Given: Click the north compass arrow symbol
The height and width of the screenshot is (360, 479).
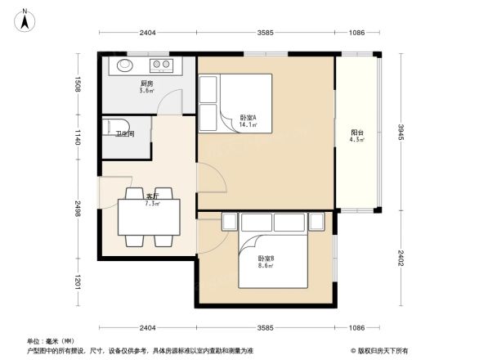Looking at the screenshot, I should tap(25, 18).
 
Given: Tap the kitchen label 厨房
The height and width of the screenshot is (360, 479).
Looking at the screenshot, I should tap(147, 83).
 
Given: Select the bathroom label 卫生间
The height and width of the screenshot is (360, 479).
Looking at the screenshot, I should tap(124, 133).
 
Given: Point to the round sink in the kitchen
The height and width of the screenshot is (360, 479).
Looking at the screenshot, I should tap(126, 64).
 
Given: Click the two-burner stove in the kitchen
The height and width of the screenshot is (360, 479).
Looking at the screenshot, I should tap(160, 64).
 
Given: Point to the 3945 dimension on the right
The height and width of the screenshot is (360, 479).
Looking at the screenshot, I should tap(401, 133).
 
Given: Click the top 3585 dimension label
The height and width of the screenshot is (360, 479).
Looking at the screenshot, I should tap(265, 33).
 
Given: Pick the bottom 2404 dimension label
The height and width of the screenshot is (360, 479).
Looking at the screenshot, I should tap(147, 328).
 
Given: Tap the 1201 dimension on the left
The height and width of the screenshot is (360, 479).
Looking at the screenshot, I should tap(78, 283).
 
